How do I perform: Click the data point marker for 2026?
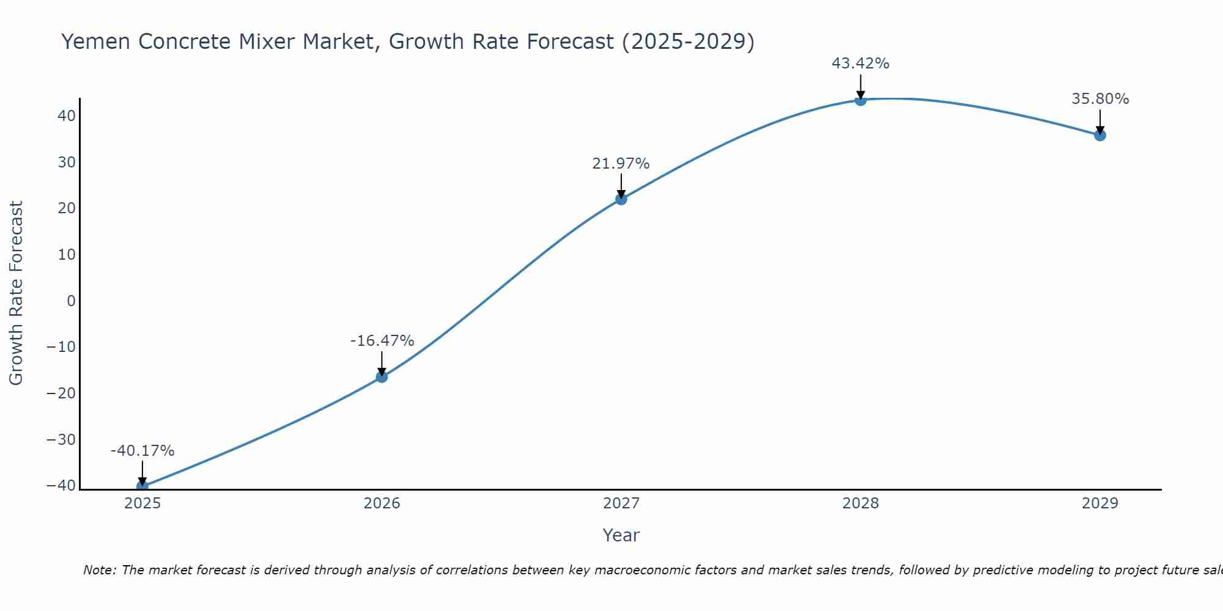coord(382,377)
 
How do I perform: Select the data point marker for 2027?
coord(621,199)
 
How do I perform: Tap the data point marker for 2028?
coord(860,100)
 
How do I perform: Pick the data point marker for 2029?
coord(1100,135)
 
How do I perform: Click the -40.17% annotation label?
coord(142,451)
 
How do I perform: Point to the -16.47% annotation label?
coord(382,341)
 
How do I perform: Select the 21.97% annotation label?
coord(621,164)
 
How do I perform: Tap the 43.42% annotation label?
coord(860,64)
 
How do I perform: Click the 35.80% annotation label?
coord(1100,99)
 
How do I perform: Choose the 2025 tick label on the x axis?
coord(142,503)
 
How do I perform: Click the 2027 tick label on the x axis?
coord(621,503)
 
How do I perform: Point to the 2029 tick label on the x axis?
coord(1100,503)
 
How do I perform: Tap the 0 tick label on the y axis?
coord(72,301)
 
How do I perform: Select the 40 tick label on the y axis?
coord(67,115)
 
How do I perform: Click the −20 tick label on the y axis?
coord(61,393)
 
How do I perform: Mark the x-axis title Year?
coord(621,535)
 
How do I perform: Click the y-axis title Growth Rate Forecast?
coord(16,293)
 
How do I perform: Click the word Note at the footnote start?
coord(100,570)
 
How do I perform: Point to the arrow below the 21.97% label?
coord(621,185)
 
